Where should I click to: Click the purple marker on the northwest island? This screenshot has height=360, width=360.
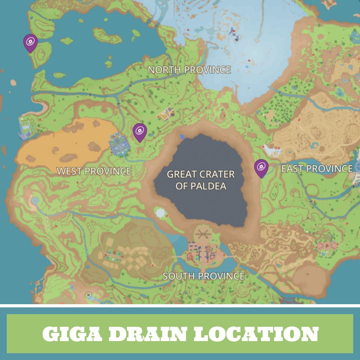(x=31, y=43)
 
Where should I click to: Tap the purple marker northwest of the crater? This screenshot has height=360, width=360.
(x=140, y=132)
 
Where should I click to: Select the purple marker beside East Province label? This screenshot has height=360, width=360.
(x=261, y=168)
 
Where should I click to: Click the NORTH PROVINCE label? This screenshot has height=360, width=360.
(x=189, y=70)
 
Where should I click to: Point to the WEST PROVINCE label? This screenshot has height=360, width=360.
(x=94, y=171)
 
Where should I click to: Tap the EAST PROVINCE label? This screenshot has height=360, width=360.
(x=317, y=169)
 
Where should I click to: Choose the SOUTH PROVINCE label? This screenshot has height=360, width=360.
(x=203, y=276)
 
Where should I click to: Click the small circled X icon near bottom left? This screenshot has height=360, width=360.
(x=89, y=295)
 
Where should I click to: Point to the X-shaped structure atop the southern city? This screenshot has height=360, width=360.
(x=202, y=234)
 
